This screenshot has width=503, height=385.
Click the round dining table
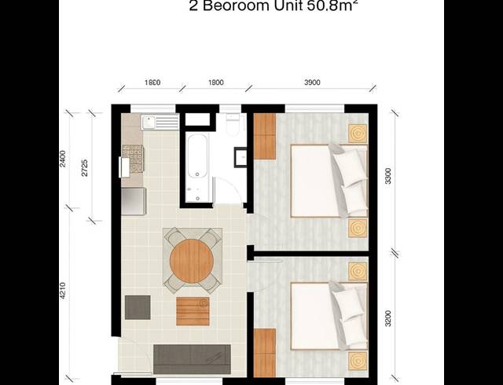click(192, 258)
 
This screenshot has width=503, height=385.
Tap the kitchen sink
click(149, 123)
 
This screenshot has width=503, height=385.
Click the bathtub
click(196, 165)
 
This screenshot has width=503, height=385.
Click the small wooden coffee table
click(193, 310)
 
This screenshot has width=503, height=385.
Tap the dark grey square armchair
click(138, 306)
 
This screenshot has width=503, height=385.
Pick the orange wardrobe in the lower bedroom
click(265, 353)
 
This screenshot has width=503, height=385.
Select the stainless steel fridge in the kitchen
click(133, 201)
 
